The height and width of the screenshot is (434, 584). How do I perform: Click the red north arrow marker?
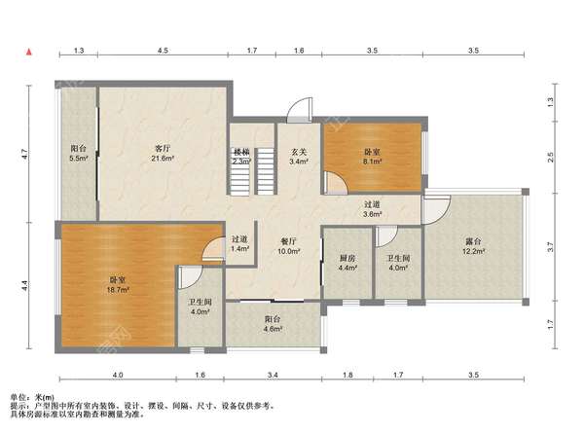click(x=28, y=52)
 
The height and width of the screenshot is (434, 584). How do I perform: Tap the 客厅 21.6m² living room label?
click(x=164, y=153)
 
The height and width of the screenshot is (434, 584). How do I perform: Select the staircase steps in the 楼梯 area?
click(x=252, y=171)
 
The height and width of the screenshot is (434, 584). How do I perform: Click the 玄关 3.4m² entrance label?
click(x=299, y=157)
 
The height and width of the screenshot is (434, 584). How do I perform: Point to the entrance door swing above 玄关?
click(x=300, y=110)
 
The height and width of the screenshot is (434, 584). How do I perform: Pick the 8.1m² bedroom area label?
click(x=372, y=157)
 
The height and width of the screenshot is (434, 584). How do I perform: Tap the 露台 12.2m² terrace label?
click(x=473, y=246)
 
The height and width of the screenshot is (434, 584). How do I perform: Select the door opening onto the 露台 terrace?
click(x=436, y=209)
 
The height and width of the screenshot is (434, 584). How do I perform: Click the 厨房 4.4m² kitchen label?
click(x=347, y=263)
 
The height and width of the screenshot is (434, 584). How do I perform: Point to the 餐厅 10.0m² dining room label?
click(x=289, y=246)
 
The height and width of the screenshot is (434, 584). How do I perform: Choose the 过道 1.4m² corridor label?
click(x=239, y=243)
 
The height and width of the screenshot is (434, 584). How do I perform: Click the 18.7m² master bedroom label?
click(x=118, y=285)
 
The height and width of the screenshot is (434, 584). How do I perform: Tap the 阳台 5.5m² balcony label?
click(x=78, y=153)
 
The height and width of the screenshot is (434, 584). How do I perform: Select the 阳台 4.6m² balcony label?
click(x=273, y=324)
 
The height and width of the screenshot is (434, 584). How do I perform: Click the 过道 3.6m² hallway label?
click(x=372, y=209)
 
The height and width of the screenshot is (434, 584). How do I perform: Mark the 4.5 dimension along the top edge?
click(x=163, y=51)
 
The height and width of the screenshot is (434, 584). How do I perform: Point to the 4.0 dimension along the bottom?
click(x=118, y=375)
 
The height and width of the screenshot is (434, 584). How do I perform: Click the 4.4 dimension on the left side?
click(x=24, y=286)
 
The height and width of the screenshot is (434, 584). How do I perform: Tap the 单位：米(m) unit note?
click(x=32, y=398)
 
